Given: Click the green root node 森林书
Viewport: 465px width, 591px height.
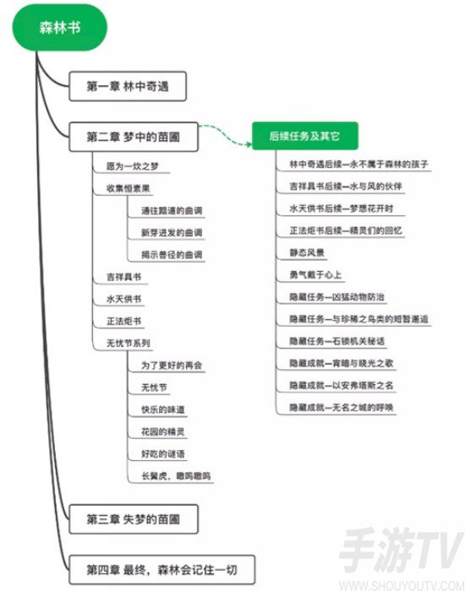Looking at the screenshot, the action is [x=60, y=27].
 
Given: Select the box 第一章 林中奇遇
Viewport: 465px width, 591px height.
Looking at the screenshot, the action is [x=128, y=86].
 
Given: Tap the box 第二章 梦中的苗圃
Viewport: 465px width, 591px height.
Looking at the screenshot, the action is [x=134, y=137].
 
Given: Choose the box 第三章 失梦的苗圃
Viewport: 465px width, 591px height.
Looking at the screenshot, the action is [x=134, y=519].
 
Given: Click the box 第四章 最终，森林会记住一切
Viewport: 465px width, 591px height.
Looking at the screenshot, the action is [x=162, y=570].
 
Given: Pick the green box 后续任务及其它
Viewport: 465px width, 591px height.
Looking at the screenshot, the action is [x=305, y=136].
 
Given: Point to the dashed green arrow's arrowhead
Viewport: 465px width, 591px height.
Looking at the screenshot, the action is [x=249, y=144].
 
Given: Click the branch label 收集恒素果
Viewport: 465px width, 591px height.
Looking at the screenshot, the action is [x=129, y=188].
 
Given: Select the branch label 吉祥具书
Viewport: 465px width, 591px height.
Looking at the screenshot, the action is [x=123, y=277].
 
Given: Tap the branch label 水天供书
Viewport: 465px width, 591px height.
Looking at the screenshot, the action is [x=123, y=299].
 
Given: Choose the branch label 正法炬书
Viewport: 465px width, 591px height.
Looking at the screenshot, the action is [x=123, y=321].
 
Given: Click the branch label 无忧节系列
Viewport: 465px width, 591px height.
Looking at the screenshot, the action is [x=129, y=344].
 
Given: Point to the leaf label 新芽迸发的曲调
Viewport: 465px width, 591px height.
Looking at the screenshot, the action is [x=172, y=232].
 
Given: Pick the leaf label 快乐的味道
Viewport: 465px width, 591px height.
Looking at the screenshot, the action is [x=163, y=409].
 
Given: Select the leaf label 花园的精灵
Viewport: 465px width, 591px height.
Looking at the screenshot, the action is [x=163, y=432].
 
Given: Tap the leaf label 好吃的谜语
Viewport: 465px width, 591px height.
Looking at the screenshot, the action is [x=163, y=454].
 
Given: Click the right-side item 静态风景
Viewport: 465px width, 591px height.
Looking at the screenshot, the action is [x=307, y=252].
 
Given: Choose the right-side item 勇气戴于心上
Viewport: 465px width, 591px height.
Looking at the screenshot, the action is [x=315, y=274].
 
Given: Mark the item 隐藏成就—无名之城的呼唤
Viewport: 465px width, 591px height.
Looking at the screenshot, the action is [x=342, y=408].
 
